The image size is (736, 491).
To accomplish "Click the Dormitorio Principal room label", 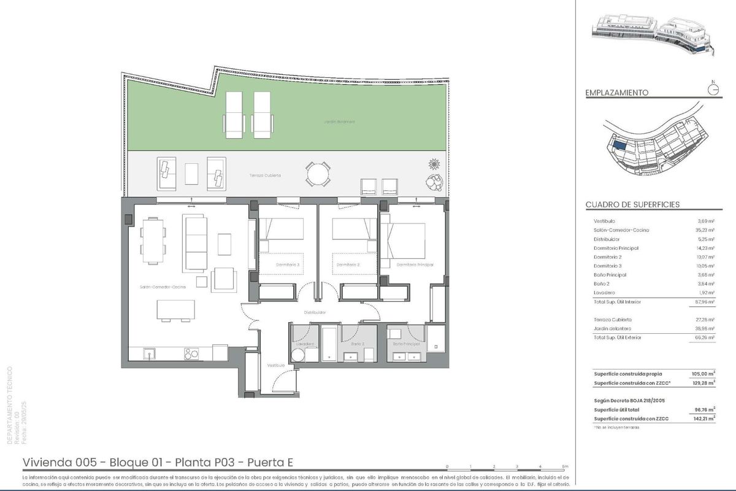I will [x=415, y=265].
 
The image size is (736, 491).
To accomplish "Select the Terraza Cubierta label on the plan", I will [x=265, y=176].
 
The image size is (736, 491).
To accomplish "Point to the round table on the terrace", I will [x=316, y=174].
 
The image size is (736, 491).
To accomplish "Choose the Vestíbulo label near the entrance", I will [x=275, y=365].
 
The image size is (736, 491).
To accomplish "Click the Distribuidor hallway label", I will [x=315, y=312].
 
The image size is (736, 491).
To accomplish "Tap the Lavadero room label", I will [x=305, y=344].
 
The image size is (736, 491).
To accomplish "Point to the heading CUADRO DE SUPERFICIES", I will [x=632, y=204].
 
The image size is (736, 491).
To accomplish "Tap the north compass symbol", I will [x=713, y=90].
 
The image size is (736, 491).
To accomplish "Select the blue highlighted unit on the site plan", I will [x=620, y=145].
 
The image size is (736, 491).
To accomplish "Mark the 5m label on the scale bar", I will [x=565, y=467].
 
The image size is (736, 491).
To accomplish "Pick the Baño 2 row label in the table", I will [x=604, y=284].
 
